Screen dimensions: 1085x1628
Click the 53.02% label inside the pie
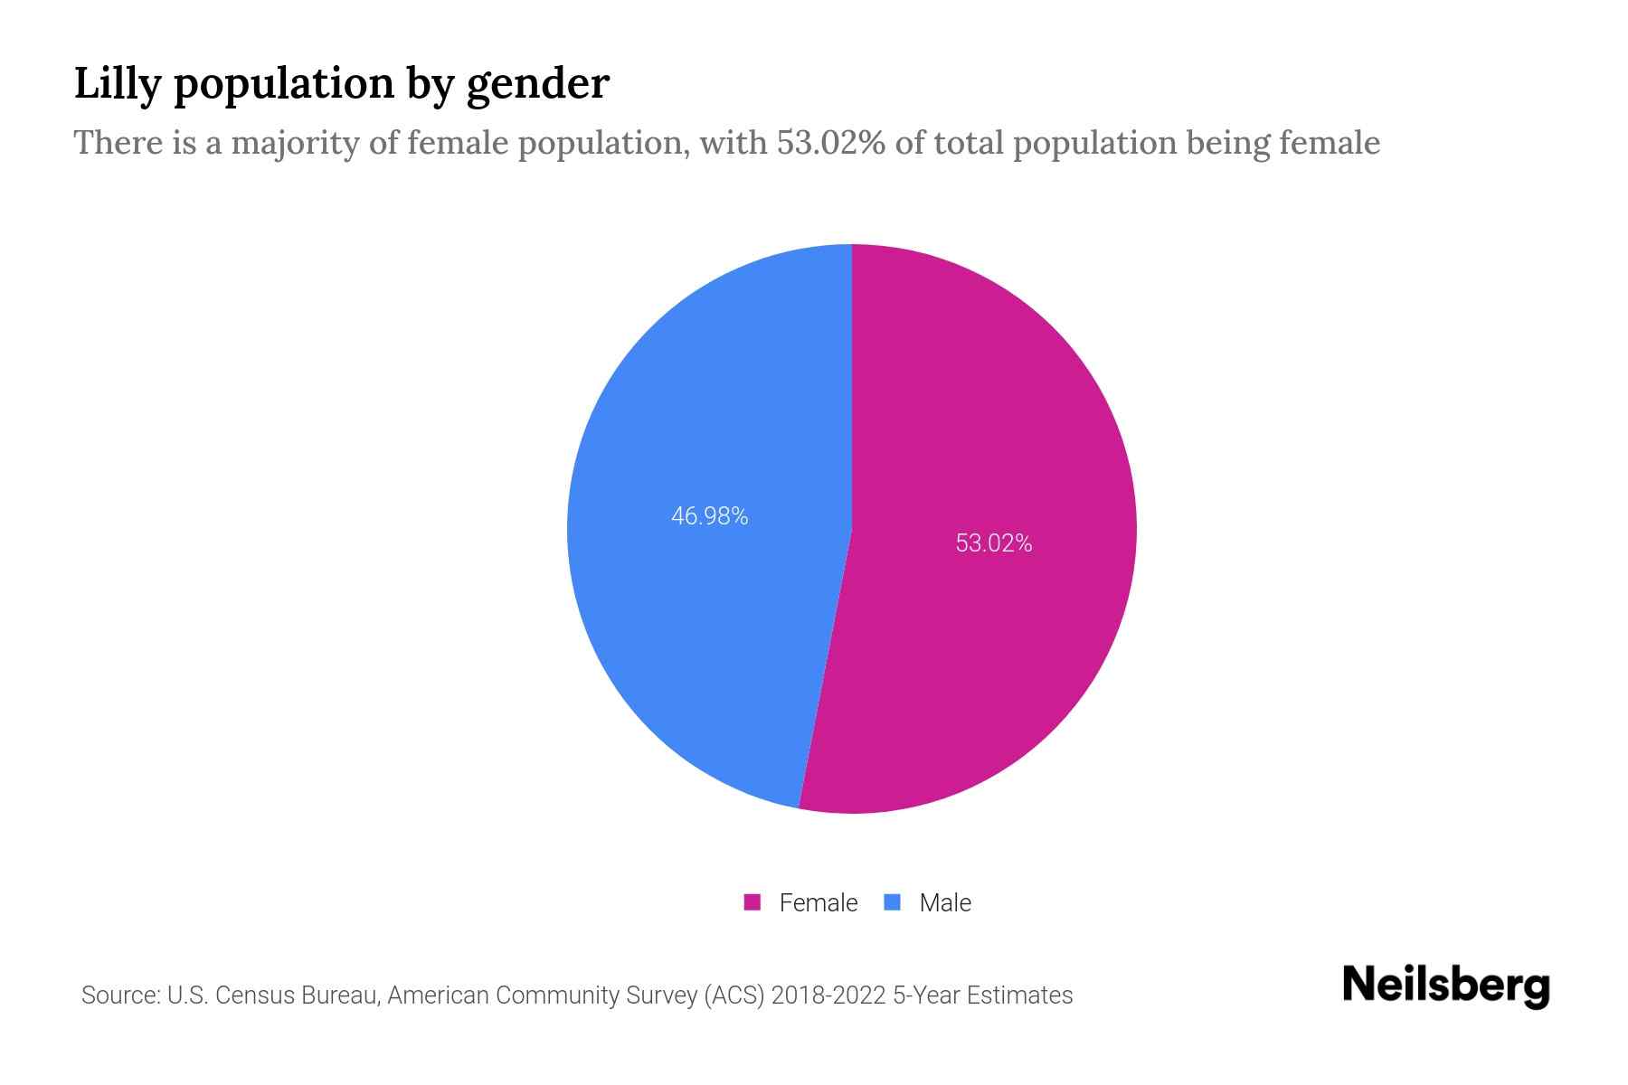click(x=993, y=542)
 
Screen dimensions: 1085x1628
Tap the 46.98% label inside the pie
click(x=709, y=515)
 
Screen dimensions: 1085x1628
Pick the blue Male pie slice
click(x=705, y=633)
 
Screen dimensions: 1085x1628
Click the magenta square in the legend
click(x=752, y=902)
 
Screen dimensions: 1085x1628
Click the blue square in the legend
click(x=892, y=902)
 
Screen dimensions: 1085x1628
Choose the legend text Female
click(x=818, y=902)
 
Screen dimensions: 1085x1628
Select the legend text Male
click(x=944, y=902)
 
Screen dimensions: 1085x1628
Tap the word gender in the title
click(x=537, y=85)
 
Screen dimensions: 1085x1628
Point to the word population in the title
click(x=284, y=85)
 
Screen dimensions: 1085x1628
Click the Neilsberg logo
click(x=1445, y=986)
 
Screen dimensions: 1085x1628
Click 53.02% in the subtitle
click(x=830, y=143)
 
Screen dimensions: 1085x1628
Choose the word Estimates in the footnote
click(x=1019, y=995)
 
